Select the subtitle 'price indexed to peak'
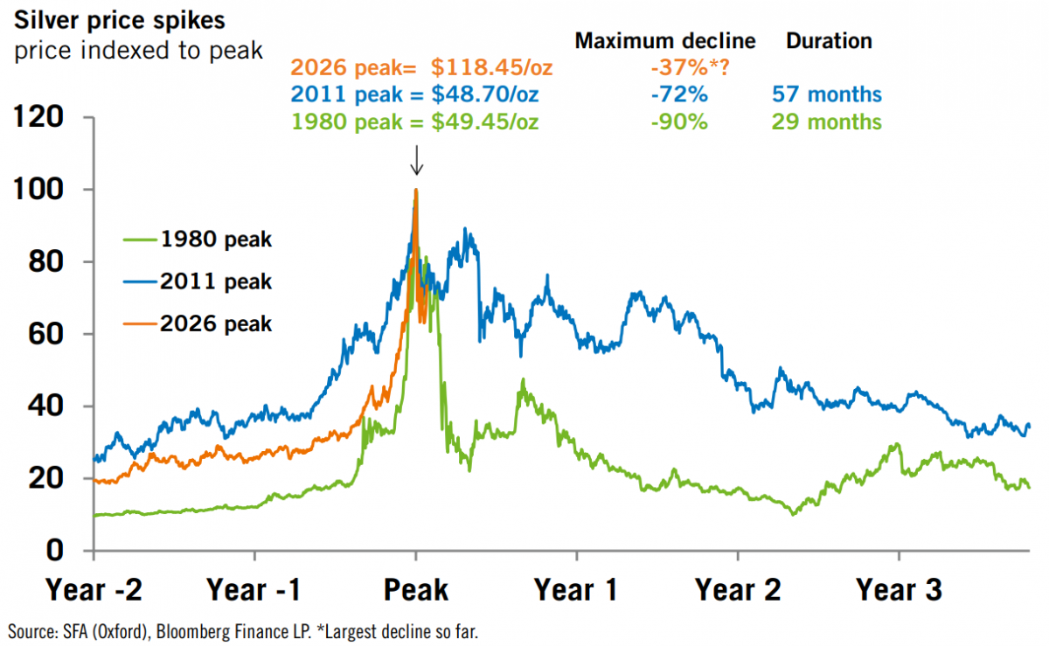[138, 51]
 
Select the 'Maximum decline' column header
[664, 40]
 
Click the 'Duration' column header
[829, 40]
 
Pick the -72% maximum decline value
[679, 94]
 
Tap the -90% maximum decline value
[679, 122]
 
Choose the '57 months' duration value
[826, 94]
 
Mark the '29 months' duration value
[826, 122]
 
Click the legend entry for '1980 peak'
[215, 240]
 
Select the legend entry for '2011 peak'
[215, 281]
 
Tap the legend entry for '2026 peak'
[215, 323]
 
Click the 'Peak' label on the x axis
[416, 591]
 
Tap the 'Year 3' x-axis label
[899, 591]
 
